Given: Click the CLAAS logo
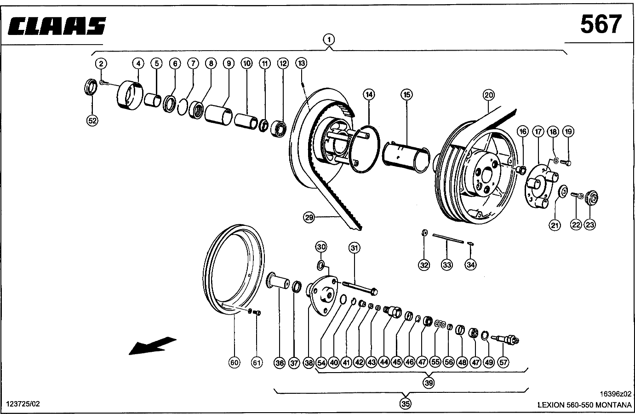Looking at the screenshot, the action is click(x=57, y=26).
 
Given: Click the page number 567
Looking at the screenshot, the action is click(x=601, y=24).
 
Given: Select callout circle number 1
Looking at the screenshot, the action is click(x=329, y=40).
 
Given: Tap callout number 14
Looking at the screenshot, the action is click(x=369, y=94).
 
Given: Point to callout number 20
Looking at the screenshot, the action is click(x=489, y=95).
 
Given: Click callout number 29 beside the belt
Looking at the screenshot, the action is click(x=309, y=218).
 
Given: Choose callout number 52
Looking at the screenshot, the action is click(x=92, y=121).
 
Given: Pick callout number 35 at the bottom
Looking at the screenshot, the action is click(x=406, y=403).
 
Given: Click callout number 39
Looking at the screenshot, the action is click(x=429, y=383).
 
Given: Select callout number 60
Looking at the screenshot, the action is click(x=234, y=362).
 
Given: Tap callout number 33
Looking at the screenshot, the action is click(x=447, y=265).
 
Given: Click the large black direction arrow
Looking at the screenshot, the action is click(x=153, y=345).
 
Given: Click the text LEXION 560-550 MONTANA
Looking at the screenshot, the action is click(x=584, y=405).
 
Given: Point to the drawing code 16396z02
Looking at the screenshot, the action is click(x=615, y=394).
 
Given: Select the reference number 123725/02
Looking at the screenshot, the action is click(x=23, y=404).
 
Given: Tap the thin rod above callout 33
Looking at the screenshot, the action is click(x=448, y=238).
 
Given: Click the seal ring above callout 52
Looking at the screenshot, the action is click(x=91, y=87).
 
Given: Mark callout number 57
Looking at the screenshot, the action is click(x=503, y=362).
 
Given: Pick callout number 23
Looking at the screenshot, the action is click(x=590, y=225).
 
